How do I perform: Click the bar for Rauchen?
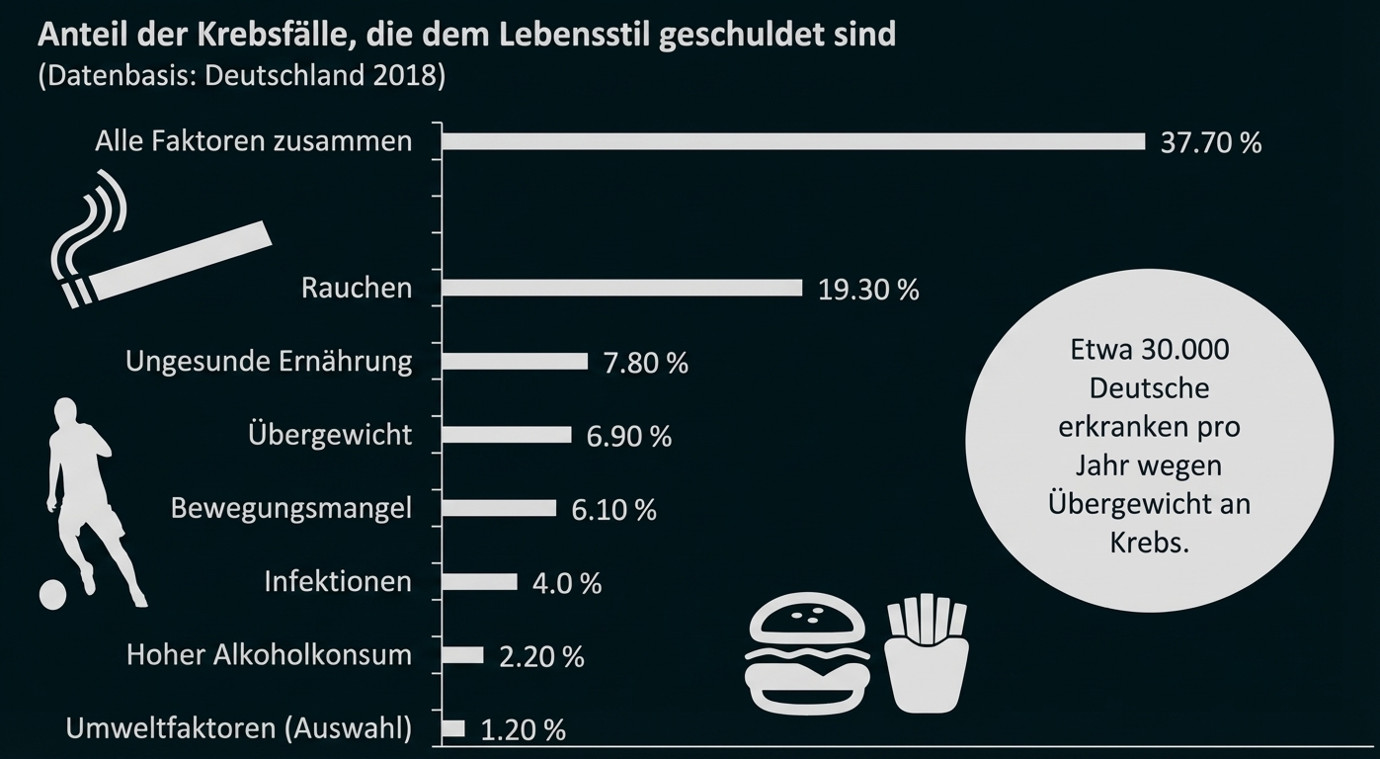[x=622, y=288]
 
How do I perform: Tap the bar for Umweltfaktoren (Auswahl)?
[x=453, y=728]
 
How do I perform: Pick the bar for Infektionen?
[x=480, y=582]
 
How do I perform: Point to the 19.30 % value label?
[x=868, y=290]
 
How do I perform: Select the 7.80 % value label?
[x=645, y=363]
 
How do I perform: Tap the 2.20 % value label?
[x=541, y=656]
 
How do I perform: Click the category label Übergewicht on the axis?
[x=330, y=435]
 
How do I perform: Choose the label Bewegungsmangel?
[x=291, y=508]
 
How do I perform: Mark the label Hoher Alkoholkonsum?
[x=269, y=654]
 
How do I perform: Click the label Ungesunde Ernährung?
[x=269, y=361]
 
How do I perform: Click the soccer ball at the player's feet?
[x=52, y=593]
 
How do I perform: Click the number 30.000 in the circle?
[x=1181, y=351]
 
